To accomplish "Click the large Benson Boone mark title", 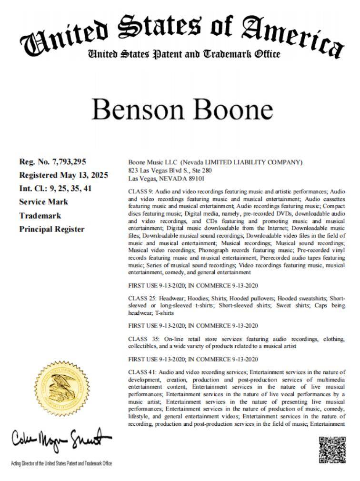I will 182,110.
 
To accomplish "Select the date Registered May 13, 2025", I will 63,175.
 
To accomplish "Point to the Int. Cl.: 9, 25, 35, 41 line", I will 55,188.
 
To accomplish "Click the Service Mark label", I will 43,202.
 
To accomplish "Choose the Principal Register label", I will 51,229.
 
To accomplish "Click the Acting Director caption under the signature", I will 61,463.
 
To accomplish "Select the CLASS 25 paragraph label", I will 141,298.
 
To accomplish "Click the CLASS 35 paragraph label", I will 141,339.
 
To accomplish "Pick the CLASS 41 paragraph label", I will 141,371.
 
